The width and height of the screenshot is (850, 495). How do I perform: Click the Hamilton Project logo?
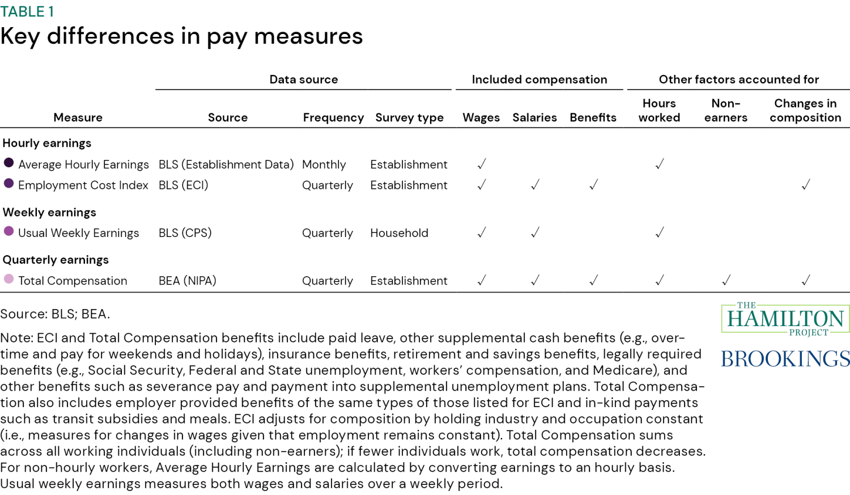(785, 319)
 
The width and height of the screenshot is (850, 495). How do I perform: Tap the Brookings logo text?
(785, 359)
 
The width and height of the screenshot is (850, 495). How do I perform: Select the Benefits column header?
(593, 117)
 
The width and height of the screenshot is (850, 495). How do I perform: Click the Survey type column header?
(409, 117)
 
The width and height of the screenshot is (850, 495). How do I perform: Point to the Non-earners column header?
(725, 111)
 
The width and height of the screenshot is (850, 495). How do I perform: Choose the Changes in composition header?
(805, 111)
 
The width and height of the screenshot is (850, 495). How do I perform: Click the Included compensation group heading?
(539, 79)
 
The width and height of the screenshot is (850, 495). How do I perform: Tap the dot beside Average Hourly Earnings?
(8, 163)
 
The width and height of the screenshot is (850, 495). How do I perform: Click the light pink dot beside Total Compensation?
(8, 279)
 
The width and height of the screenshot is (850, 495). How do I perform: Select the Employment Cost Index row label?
(83, 185)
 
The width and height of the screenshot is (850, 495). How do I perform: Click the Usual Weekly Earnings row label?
(78, 233)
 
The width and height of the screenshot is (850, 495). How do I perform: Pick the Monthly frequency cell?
(324, 164)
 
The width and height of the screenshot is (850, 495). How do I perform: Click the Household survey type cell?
(399, 233)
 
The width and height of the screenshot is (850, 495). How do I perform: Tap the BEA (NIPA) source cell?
(187, 281)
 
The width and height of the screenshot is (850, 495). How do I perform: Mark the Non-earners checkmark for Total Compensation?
(726, 280)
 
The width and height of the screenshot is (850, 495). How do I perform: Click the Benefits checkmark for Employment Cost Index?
(593, 185)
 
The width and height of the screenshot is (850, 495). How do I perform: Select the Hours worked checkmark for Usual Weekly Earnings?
(660, 232)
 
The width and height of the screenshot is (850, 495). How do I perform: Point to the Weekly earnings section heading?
(49, 212)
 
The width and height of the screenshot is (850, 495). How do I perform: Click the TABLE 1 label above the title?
(27, 11)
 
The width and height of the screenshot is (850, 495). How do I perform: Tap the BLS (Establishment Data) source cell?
(226, 164)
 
